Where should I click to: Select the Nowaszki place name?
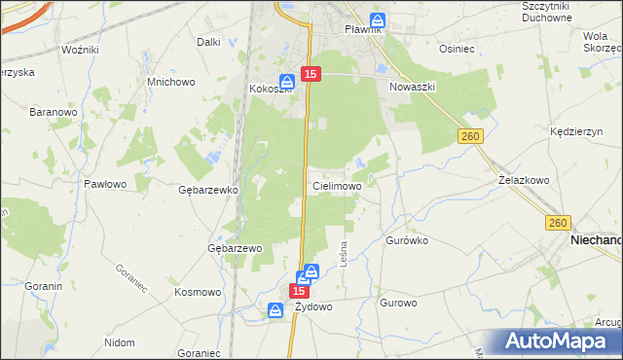point(412,87)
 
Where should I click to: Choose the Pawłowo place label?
point(105,183)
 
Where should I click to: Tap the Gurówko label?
point(407,238)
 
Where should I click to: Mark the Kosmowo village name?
point(199,292)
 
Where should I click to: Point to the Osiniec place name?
point(457,48)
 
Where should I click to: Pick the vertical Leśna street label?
point(343,255)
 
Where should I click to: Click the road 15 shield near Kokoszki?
point(311,74)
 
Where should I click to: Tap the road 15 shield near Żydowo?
point(301,291)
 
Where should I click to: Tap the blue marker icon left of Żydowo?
point(276,309)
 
